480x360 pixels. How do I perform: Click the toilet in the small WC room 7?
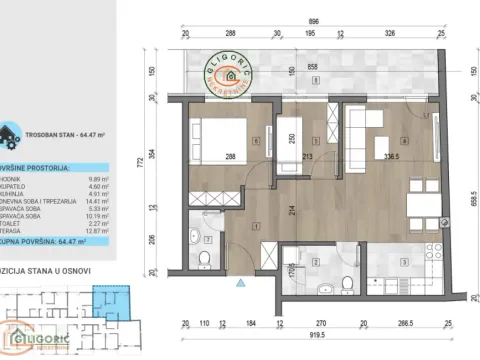pyautogui.click(x=203, y=260)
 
